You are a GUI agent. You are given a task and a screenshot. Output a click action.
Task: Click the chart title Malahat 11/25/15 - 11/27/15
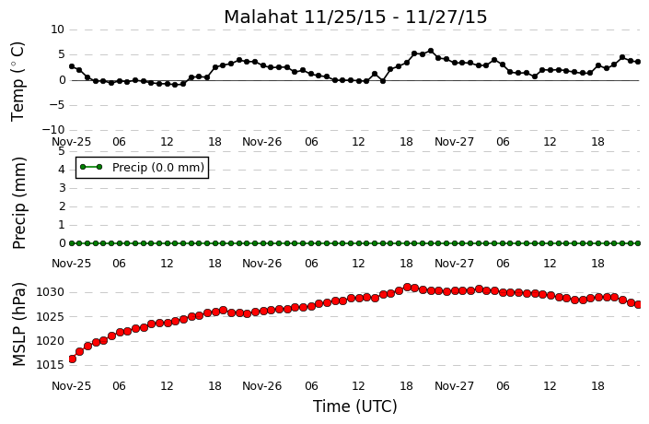click(355, 17)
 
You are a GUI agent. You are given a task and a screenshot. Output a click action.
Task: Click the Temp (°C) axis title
click(17, 82)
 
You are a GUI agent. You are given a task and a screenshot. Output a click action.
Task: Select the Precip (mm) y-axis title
click(19, 203)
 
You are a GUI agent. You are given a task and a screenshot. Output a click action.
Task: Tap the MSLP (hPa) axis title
click(19, 324)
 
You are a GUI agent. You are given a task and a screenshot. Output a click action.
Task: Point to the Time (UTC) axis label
click(354, 406)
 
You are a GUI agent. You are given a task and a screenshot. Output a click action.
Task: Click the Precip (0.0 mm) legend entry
click(142, 168)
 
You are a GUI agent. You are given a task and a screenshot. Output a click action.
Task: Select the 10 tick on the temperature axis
click(58, 29)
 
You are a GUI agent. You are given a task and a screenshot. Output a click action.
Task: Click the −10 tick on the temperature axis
click(53, 130)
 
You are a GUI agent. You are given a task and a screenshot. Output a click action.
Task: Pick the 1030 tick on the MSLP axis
click(50, 292)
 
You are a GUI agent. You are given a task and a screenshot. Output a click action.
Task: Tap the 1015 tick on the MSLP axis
click(50, 365)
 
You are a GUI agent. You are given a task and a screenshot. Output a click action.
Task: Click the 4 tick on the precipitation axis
click(62, 170)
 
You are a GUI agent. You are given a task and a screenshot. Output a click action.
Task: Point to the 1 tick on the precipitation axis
click(62, 225)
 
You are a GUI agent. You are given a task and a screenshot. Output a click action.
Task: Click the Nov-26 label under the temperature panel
click(261, 142)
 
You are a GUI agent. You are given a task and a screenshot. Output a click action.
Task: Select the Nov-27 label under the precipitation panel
click(454, 264)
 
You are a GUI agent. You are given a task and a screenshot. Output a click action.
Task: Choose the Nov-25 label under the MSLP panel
click(71, 386)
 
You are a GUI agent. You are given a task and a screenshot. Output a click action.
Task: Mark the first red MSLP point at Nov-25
click(72, 359)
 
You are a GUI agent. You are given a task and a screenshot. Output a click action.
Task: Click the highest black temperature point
click(431, 51)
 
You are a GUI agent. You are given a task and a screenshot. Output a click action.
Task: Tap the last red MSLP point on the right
click(638, 304)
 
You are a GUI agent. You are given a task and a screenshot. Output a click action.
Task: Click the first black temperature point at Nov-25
click(72, 66)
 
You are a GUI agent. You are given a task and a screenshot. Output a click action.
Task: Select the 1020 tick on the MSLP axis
click(50, 341)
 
